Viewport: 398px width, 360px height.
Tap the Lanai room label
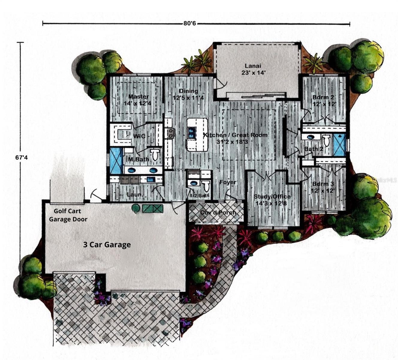(x=253, y=69)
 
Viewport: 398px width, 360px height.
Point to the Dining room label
(x=189, y=94)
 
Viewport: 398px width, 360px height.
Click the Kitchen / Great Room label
(x=235, y=138)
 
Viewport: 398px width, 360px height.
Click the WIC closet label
(x=139, y=136)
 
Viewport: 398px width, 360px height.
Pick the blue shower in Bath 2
(x=339, y=145)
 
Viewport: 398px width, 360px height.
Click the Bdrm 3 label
(x=323, y=187)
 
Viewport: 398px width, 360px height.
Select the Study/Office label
(x=272, y=199)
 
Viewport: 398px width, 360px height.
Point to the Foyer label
(x=228, y=182)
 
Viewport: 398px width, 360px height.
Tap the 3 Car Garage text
(x=107, y=244)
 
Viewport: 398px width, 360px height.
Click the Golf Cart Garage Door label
(x=68, y=215)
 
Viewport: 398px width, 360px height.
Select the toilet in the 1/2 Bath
(x=206, y=186)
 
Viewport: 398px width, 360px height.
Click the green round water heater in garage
(x=136, y=208)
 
